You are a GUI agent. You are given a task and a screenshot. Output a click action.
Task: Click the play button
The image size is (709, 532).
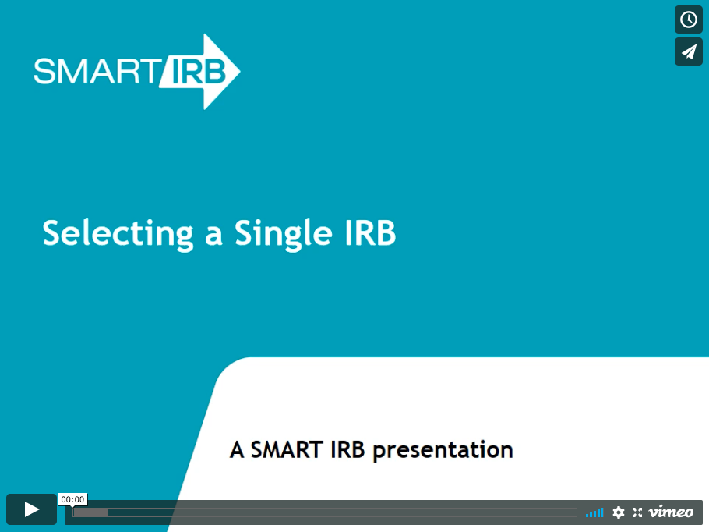(31, 509)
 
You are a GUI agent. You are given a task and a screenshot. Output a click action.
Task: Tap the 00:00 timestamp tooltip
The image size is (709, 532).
(72, 499)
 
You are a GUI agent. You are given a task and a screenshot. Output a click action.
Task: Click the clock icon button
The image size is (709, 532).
(689, 20)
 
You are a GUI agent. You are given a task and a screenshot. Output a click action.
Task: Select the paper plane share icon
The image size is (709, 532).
(689, 51)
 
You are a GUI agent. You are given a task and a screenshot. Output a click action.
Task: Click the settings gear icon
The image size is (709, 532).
(618, 512)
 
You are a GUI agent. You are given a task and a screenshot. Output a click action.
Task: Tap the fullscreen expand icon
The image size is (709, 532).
(637, 512)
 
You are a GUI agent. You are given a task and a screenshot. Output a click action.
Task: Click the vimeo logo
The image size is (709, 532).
(671, 512)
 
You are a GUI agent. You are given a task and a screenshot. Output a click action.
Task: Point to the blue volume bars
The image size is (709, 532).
(594, 512)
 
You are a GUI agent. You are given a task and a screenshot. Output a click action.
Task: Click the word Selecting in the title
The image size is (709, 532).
(118, 234)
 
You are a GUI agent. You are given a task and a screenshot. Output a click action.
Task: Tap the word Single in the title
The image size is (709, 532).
(284, 234)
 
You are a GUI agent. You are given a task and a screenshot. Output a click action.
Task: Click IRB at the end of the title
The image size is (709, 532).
(370, 232)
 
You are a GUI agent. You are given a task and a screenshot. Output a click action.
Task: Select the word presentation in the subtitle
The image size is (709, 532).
(443, 451)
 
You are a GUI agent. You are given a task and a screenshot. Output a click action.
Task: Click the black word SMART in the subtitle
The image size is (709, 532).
(287, 449)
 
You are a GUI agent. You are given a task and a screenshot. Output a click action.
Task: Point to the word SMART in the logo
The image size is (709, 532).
(95, 71)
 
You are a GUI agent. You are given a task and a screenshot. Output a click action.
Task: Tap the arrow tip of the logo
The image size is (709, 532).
(240, 71)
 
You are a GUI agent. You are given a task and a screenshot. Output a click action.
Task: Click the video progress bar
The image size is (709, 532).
(325, 512)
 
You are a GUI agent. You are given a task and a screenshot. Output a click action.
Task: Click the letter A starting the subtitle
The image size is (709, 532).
(237, 449)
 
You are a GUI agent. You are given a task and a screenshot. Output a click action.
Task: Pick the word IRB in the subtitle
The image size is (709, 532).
(347, 449)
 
